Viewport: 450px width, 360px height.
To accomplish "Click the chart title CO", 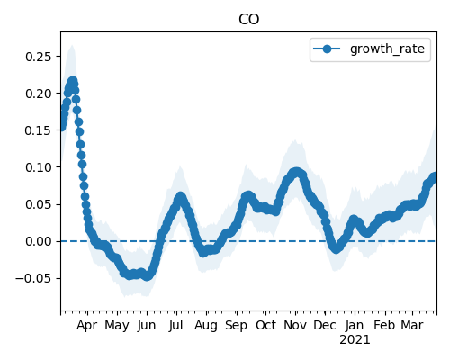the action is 248,20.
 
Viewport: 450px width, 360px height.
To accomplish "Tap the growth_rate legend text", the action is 387,49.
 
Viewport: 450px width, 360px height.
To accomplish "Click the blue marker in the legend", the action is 327,49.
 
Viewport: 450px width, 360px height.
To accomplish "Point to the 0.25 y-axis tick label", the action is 39,57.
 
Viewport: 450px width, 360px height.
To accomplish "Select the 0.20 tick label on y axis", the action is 39,94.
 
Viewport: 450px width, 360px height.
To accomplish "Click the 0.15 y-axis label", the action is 39,130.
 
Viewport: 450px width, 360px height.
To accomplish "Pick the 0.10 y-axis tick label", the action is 39,167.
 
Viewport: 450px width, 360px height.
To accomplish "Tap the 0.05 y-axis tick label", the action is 39,204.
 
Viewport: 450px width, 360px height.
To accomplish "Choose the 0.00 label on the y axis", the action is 39,241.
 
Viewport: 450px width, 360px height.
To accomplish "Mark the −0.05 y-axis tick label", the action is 34,278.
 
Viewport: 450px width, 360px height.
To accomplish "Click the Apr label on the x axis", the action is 87,326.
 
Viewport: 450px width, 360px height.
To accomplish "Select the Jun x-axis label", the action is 147,326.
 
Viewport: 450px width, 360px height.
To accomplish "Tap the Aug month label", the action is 206,326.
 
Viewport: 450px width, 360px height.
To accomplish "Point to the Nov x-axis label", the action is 295,326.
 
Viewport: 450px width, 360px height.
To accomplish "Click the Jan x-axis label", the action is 355,326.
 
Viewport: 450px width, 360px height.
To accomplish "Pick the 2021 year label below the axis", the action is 355,340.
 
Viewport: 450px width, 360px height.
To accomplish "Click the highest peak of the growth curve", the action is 73,81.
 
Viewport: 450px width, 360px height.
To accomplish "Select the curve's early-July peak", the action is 180,197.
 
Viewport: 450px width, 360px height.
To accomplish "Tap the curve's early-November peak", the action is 296,173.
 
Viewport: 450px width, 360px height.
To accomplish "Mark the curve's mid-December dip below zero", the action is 336,248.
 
